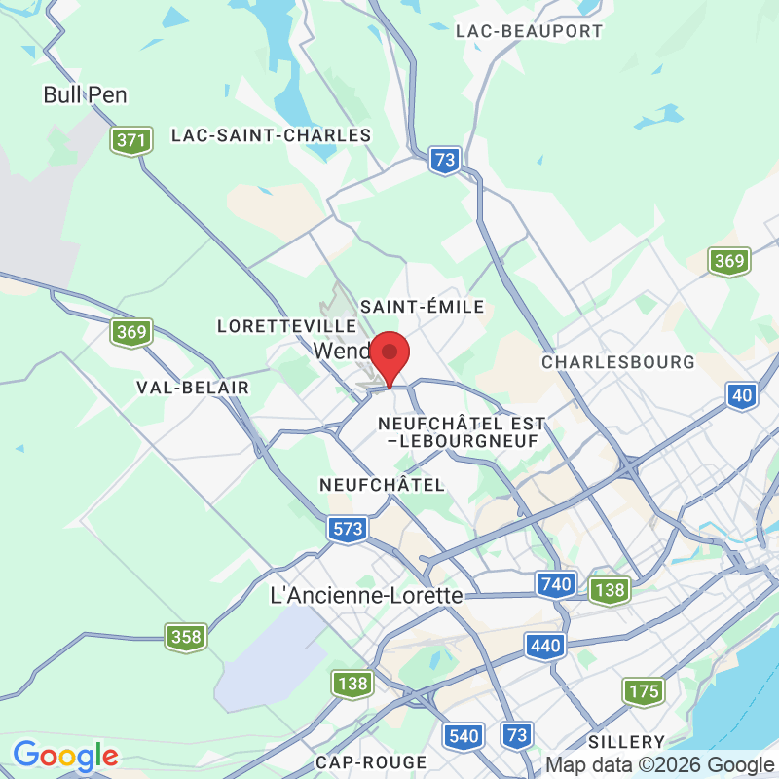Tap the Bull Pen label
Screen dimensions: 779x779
86,94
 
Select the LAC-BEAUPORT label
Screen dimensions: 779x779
529,31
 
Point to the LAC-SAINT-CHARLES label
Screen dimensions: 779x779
271,135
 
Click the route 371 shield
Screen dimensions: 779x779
130,140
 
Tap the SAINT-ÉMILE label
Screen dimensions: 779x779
422,307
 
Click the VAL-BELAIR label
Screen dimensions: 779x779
193,388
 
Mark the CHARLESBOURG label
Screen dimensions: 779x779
618,362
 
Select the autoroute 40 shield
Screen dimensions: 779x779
742,394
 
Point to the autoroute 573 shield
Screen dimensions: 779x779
348,529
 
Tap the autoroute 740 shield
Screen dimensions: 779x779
554,584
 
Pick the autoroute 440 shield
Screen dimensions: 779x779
544,645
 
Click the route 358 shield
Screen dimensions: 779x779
185,638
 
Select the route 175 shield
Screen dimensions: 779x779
644,692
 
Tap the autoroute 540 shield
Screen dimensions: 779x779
464,735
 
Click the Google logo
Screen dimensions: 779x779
65,756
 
